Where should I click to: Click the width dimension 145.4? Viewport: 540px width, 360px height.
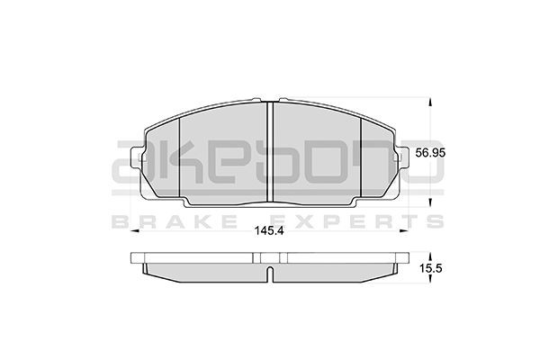pos(271,231)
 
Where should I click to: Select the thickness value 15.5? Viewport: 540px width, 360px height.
pos(433,267)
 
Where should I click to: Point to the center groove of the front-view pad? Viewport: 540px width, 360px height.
pos(271,153)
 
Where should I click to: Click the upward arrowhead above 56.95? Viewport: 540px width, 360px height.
pos(428,102)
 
